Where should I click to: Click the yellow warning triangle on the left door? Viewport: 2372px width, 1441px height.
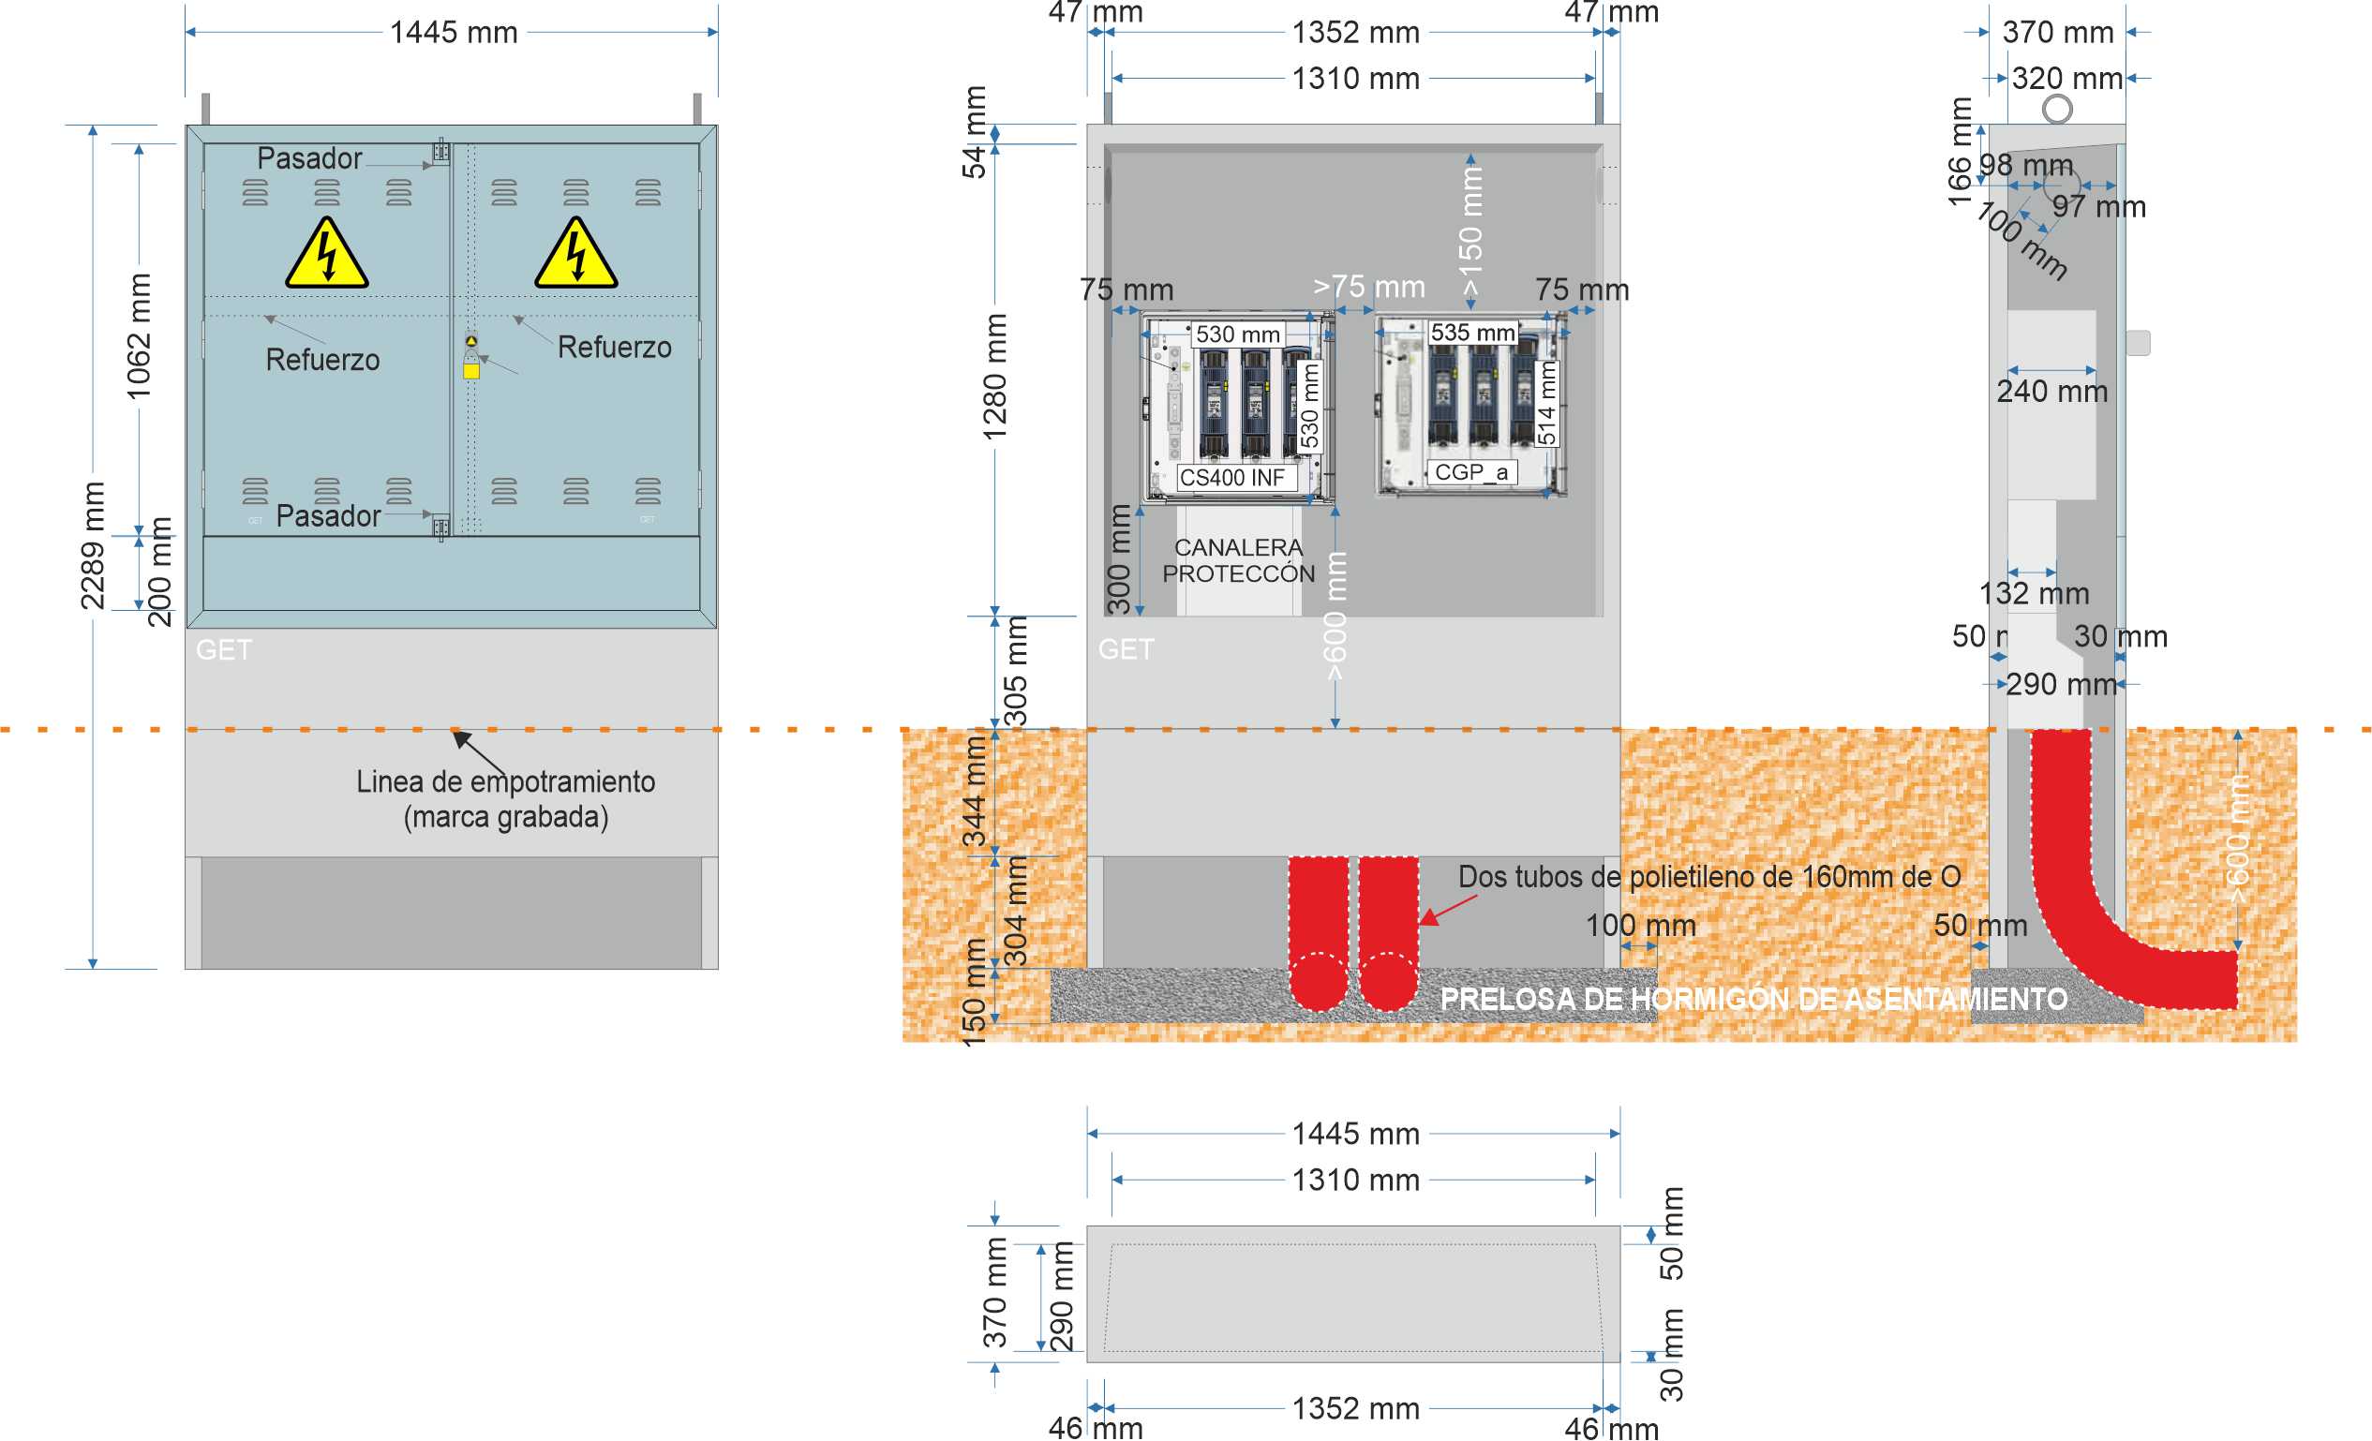click(x=326, y=255)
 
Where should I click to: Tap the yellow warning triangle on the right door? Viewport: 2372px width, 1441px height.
click(x=575, y=255)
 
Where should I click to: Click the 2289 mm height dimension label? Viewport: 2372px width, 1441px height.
click(x=93, y=546)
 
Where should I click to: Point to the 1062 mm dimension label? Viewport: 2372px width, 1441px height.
click(x=140, y=336)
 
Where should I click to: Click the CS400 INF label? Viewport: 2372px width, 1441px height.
click(x=1231, y=478)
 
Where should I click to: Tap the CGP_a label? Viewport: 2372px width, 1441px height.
click(x=1471, y=471)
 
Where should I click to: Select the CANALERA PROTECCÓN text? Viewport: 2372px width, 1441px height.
click(x=1238, y=560)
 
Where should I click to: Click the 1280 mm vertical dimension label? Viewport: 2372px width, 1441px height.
click(x=994, y=378)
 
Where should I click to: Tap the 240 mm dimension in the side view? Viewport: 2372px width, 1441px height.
click(x=2051, y=392)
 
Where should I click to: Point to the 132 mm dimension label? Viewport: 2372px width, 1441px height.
click(x=2033, y=593)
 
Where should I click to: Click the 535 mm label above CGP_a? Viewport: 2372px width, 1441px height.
click(x=1472, y=332)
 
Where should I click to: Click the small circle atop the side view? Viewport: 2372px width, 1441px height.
click(x=2056, y=109)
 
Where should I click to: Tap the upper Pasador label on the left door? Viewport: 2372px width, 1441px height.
click(x=309, y=157)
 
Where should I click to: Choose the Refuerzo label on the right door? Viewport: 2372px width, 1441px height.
click(x=614, y=347)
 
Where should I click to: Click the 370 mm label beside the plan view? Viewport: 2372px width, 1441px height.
click(x=994, y=1293)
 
